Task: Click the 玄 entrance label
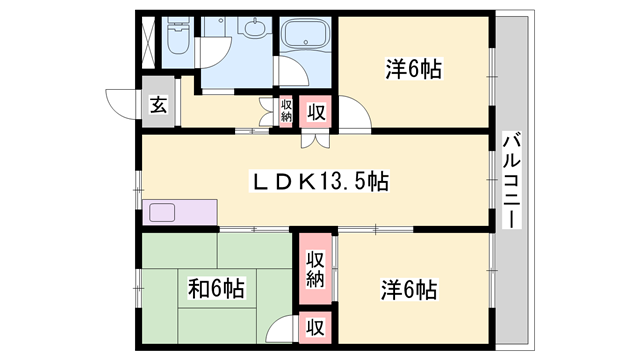pyautogui.click(x=159, y=104)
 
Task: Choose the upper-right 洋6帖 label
pyautogui.click(x=414, y=70)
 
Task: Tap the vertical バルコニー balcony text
pyautogui.click(x=511, y=180)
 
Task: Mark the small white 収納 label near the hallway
pyautogui.click(x=285, y=110)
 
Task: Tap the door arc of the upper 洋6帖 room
pyautogui.click(x=356, y=114)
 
